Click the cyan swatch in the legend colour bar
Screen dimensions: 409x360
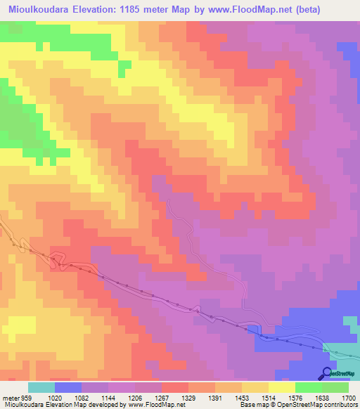41,387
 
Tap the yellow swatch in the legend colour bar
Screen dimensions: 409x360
282,387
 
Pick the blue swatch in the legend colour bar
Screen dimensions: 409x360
68,387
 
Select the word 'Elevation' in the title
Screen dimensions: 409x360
101,10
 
